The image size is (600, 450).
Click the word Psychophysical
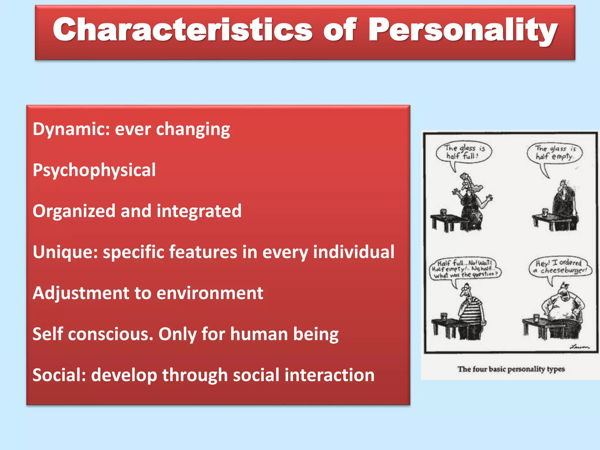(x=94, y=170)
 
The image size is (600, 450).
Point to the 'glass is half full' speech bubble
(x=463, y=152)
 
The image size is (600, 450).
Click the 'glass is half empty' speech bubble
(x=554, y=153)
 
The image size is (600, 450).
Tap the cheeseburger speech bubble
(x=560, y=267)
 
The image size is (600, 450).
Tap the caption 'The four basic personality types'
(x=511, y=369)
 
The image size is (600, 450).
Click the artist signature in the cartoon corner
(x=579, y=347)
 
